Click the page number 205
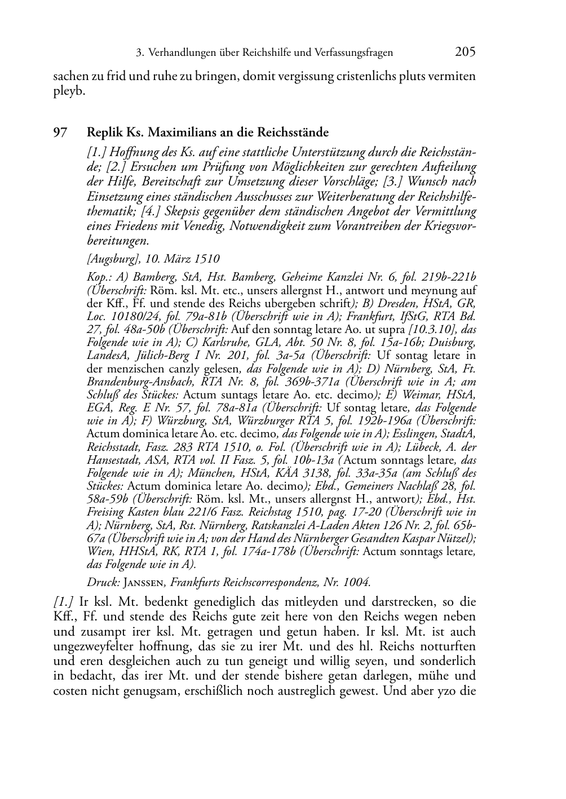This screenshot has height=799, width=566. (x=465, y=52)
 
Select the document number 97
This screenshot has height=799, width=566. (x=60, y=133)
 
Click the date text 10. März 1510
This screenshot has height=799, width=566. (x=183, y=259)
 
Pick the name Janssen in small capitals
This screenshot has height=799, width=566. (x=144, y=582)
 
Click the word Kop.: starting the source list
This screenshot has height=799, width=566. (x=99, y=277)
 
